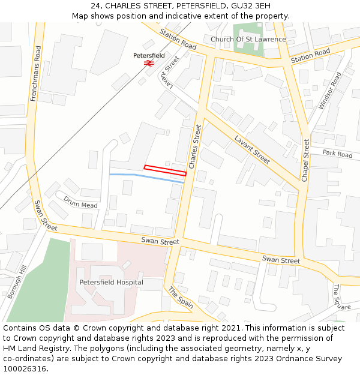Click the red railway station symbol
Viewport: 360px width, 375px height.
[149, 62]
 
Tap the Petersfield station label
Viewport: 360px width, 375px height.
[149, 55]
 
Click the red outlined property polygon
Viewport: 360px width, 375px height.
[165, 170]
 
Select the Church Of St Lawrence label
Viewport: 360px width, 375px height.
[248, 40]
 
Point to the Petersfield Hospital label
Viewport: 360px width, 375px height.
[111, 282]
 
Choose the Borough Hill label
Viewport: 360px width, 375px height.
[15, 283]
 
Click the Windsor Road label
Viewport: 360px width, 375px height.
[330, 91]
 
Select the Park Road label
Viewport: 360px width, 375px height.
[337, 154]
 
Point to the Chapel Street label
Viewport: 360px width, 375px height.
[305, 160]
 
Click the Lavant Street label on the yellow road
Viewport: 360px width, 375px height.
[252, 149]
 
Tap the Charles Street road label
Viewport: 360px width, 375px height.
[194, 146]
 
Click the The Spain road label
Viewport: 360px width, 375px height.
[180, 297]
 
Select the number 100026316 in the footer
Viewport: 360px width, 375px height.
[25, 369]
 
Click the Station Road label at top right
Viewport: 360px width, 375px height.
[310, 57]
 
